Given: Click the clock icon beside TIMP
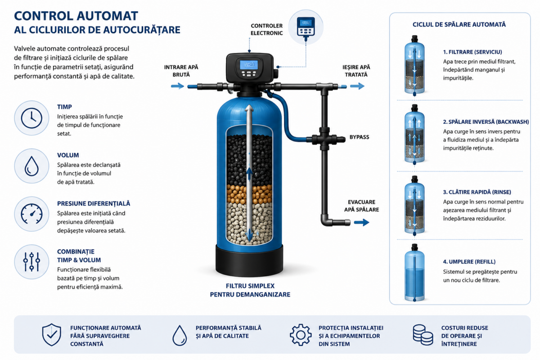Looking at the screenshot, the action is click(x=31, y=118).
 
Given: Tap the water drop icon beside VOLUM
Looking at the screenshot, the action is click(x=31, y=166).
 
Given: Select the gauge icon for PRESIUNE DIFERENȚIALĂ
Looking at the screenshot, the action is click(x=31, y=214).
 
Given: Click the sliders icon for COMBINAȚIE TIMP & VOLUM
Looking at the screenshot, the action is click(x=31, y=262).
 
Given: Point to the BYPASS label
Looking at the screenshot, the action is click(x=359, y=137).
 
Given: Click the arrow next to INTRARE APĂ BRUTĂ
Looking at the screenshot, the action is click(x=177, y=86).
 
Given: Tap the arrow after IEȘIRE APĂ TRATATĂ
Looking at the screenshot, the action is click(x=357, y=86).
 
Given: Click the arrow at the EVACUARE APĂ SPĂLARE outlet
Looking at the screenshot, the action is click(x=362, y=222).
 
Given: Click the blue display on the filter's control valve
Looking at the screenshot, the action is click(x=249, y=65).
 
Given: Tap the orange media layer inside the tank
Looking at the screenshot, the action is click(x=249, y=194).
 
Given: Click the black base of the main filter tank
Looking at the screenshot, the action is click(x=249, y=261).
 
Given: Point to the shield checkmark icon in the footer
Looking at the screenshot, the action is click(x=52, y=335).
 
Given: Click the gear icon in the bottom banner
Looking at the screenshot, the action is click(x=301, y=335).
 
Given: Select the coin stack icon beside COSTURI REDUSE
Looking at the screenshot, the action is click(x=423, y=335).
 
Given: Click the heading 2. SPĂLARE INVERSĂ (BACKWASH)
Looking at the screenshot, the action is click(x=486, y=122).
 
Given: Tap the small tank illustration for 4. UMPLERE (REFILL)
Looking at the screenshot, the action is click(x=414, y=273).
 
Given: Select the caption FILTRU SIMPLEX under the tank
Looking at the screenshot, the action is click(x=250, y=286).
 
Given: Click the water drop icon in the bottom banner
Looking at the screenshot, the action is click(x=180, y=335).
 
